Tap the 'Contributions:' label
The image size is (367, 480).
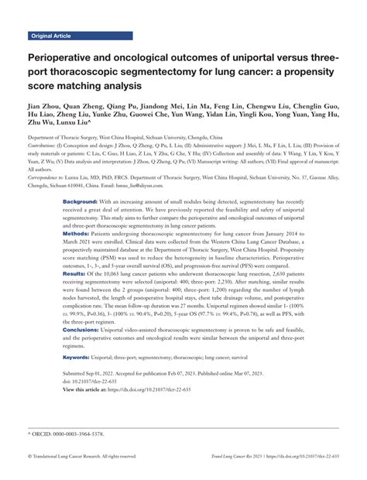click(46, 145)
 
